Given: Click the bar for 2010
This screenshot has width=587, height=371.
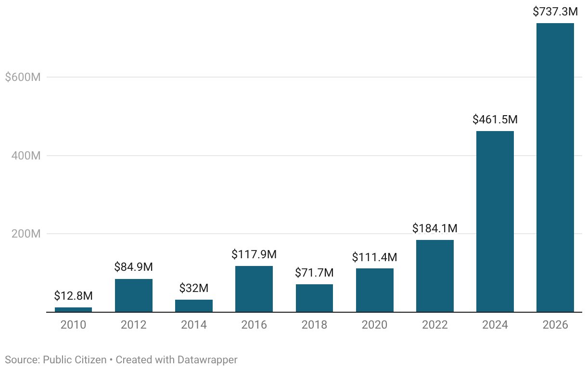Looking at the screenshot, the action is point(73,310).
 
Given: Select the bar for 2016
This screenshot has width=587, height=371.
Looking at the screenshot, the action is point(254,289).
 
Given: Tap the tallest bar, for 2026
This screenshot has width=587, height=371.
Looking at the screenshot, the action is point(555,168).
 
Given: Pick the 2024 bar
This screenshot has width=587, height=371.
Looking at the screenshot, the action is point(495,222).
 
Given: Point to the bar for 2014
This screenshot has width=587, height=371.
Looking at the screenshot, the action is point(194,306).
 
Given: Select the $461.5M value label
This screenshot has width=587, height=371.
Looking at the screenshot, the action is point(495,119).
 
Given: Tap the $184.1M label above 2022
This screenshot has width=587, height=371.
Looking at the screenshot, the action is point(435,228).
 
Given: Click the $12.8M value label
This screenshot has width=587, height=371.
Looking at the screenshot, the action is point(73,296).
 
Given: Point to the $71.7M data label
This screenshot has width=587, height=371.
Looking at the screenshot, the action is point(314,273).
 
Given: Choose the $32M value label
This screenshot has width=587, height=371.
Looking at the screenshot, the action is point(194,288).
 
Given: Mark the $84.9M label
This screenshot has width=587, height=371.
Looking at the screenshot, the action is point(134,267).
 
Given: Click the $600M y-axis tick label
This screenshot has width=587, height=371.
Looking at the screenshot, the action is point(23,78).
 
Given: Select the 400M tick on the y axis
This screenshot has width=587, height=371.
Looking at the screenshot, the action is point(26,156).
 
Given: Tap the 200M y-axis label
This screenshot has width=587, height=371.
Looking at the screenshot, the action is point(26,234).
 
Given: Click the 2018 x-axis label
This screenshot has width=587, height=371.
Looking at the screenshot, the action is point(314,325).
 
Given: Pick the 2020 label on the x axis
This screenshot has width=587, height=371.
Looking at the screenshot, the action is point(374,325).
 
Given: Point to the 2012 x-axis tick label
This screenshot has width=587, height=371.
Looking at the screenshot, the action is point(134,325).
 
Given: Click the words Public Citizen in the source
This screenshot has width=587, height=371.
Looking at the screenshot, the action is point(75,360).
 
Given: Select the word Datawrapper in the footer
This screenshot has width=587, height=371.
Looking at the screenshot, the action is point(207,360).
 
